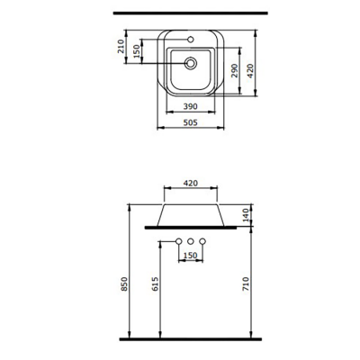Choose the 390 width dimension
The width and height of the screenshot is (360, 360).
click(191, 106)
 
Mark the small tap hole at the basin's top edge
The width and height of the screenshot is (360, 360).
click(191, 40)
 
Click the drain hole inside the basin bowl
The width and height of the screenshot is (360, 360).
click(191, 64)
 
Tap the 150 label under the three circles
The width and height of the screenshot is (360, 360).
click(191, 256)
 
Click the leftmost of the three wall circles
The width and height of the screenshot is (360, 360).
click(179, 240)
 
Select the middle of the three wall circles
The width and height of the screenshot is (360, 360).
click(191, 240)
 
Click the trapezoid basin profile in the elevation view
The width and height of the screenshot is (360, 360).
click(191, 214)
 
